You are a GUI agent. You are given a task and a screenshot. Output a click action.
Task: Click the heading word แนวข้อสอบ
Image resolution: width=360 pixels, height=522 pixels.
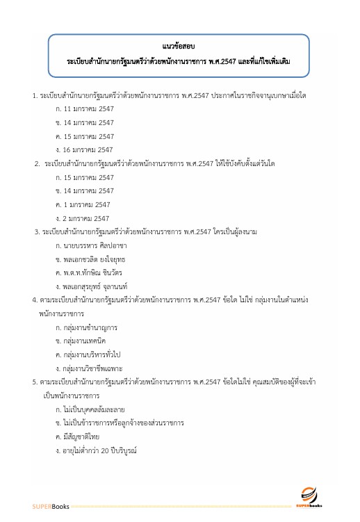point(180,47)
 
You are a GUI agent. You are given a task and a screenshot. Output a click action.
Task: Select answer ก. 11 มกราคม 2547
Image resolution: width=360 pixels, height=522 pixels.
point(85,109)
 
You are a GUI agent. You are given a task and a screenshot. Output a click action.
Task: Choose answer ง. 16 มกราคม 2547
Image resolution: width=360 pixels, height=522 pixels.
point(85,149)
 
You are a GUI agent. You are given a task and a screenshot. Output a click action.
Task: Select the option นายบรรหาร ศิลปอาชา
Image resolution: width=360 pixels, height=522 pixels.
point(91,245)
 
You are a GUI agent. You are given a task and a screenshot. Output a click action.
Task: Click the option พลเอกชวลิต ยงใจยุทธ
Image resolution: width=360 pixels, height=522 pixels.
point(90,259)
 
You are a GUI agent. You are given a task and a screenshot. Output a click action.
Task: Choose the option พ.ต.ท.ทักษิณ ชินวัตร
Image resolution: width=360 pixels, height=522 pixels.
point(90,272)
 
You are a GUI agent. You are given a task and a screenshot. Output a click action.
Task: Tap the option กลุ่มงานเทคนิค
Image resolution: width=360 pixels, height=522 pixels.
point(83,341)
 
